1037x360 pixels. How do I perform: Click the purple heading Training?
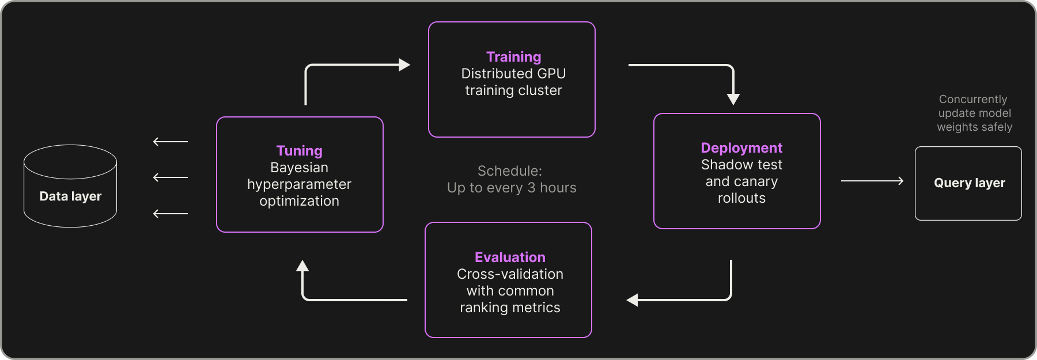(513, 57)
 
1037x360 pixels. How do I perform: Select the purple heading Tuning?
(299, 151)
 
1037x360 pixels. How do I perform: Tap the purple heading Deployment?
(741, 148)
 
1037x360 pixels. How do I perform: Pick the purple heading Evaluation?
(510, 257)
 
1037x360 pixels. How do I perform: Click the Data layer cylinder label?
(70, 196)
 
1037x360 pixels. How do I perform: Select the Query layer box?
(968, 183)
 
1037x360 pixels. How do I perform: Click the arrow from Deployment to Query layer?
(872, 181)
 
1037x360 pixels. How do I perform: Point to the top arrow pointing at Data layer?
(170, 142)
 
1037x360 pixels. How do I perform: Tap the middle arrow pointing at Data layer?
(170, 177)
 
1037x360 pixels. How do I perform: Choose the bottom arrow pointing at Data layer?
(170, 214)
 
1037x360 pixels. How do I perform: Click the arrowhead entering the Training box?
(404, 65)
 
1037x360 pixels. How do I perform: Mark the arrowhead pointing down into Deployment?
(733, 98)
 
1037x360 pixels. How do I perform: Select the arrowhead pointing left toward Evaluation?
(633, 300)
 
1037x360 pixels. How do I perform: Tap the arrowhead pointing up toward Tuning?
(302, 266)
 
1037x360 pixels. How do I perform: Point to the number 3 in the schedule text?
(531, 188)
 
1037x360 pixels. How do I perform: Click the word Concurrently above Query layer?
(972, 100)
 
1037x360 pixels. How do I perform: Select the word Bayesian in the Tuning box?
(299, 168)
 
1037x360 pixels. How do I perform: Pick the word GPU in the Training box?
(551, 74)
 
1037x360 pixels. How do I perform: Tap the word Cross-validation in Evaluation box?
(510, 274)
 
